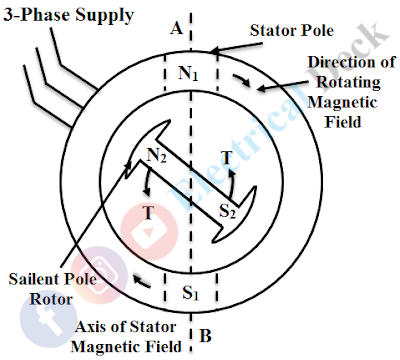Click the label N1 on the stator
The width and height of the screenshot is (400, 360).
(188, 72)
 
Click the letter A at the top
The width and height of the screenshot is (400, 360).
(176, 29)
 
